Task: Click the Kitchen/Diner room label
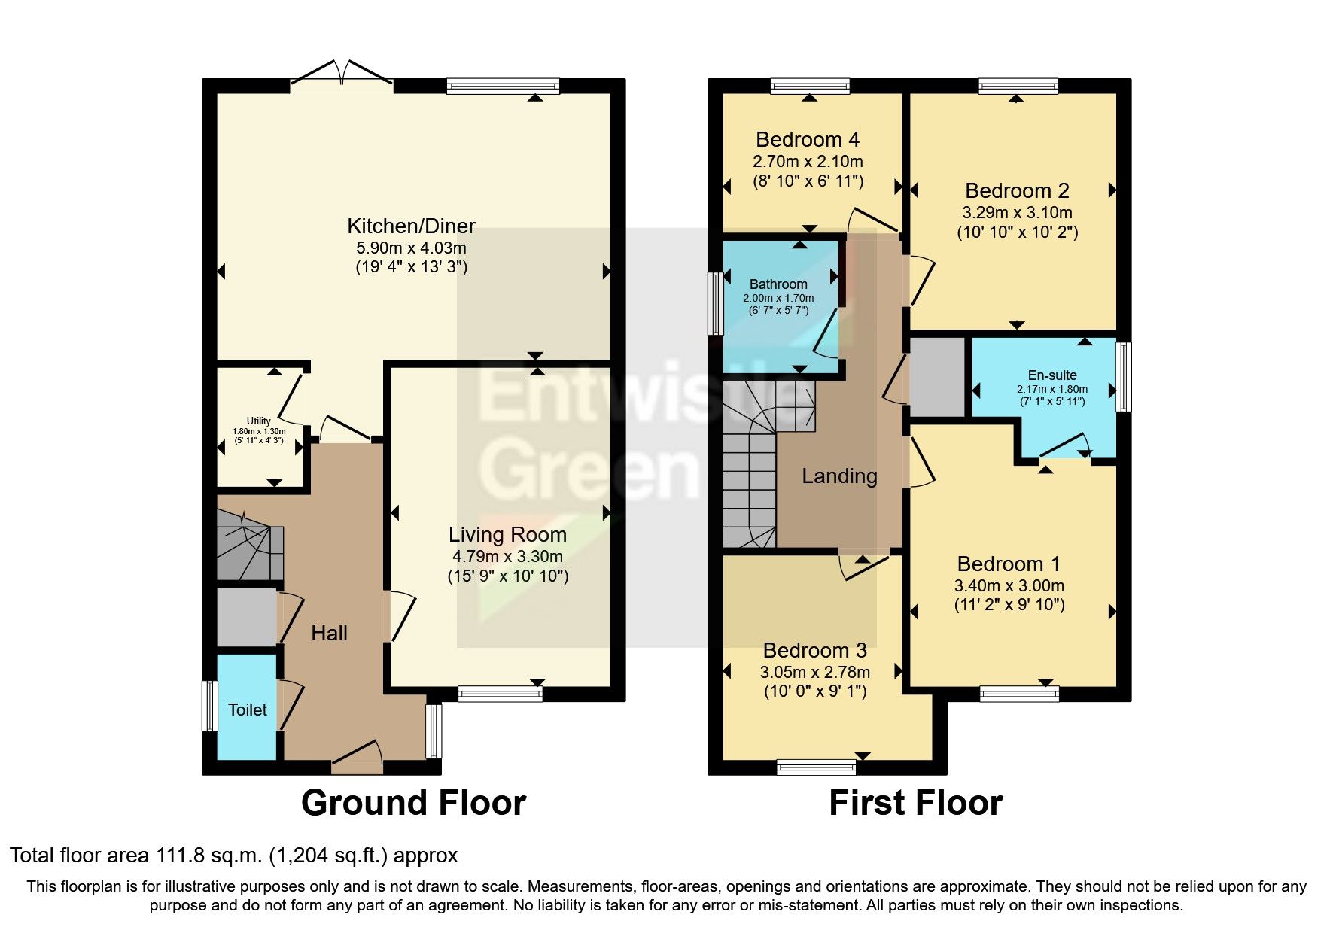pyautogui.click(x=411, y=226)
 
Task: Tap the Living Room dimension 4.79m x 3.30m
pyautogui.click(x=507, y=557)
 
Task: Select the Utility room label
pyautogui.click(x=259, y=421)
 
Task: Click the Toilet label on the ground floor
pyautogui.click(x=248, y=710)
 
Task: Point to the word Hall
pyautogui.click(x=329, y=634)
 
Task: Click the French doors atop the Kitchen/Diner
pyautogui.click(x=342, y=73)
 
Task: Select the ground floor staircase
pyautogui.click(x=248, y=546)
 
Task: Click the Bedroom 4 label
pyautogui.click(x=807, y=140)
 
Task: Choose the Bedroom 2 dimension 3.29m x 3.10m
pyautogui.click(x=1017, y=213)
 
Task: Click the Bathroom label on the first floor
pyautogui.click(x=778, y=284)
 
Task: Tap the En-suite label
pyautogui.click(x=1052, y=375)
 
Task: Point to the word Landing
pyautogui.click(x=839, y=476)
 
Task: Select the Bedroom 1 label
pyautogui.click(x=1009, y=564)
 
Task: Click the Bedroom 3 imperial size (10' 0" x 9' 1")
pyautogui.click(x=815, y=691)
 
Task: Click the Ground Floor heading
pyautogui.click(x=413, y=803)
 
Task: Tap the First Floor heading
pyautogui.click(x=915, y=803)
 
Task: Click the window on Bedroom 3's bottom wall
pyautogui.click(x=816, y=767)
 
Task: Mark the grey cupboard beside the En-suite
pyautogui.click(x=937, y=376)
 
